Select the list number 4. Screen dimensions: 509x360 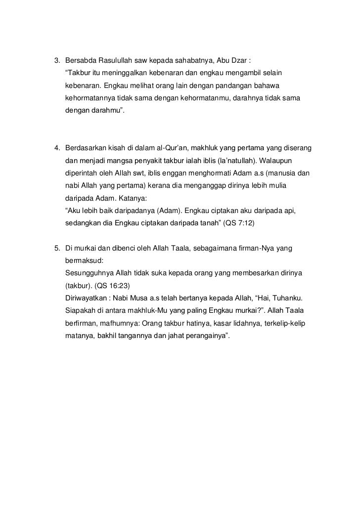pos(56,148)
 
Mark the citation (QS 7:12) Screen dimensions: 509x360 pos(238,223)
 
